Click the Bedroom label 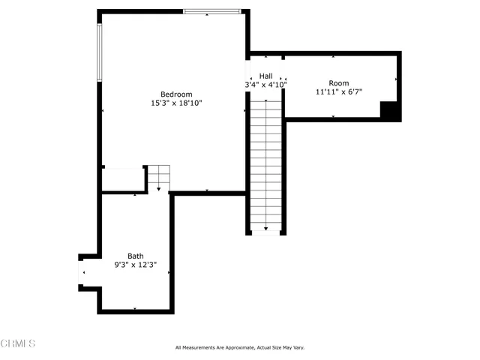pos(176,94)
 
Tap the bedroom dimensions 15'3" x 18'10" pos(176,103)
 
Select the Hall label pos(266,76)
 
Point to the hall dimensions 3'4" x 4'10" pos(265,85)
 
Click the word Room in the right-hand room pos(339,82)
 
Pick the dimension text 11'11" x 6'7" pos(339,91)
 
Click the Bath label pos(135,256)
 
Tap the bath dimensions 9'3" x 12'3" pos(135,265)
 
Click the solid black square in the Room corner pos(390,110)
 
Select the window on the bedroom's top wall pos(212,11)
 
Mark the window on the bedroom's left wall pos(98,52)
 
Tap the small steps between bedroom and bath pos(158,178)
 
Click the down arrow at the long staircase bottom pos(266,228)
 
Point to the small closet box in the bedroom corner pos(123,180)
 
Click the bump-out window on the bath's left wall pos(81,271)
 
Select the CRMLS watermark pos(18,343)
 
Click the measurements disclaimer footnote pos(240,347)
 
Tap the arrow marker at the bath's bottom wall pos(135,309)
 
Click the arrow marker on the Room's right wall pos(396,79)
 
